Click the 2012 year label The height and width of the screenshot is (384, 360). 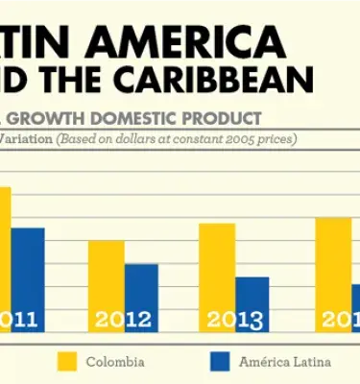(123, 321)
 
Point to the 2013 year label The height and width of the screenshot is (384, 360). (234, 321)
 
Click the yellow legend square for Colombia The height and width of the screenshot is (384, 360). (67, 361)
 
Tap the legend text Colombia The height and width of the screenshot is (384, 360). (115, 362)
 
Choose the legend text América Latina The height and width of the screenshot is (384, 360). (285, 362)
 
